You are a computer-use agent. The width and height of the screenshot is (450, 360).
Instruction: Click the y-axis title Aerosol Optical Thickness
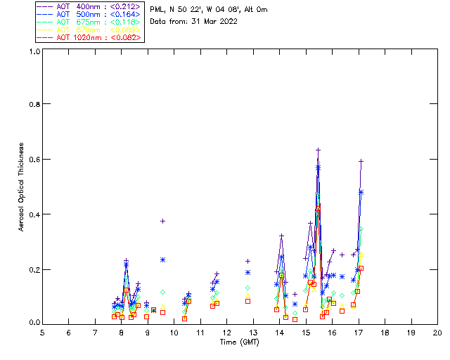click(x=22, y=186)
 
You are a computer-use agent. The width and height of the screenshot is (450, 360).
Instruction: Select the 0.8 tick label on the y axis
click(x=34, y=104)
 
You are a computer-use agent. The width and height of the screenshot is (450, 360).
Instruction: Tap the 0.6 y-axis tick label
click(x=34, y=159)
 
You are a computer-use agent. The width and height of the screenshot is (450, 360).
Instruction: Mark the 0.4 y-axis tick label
click(x=34, y=214)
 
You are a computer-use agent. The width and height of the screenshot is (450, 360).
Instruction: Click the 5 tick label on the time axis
click(x=42, y=332)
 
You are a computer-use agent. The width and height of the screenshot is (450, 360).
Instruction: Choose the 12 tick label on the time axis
click(x=226, y=332)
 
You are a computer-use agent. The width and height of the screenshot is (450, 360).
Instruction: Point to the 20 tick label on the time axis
click(x=437, y=332)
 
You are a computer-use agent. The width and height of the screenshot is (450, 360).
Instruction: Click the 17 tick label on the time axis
click(x=358, y=332)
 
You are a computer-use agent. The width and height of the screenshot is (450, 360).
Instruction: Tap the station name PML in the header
click(x=157, y=10)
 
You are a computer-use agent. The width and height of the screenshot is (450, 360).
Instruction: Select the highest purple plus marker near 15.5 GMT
click(x=319, y=150)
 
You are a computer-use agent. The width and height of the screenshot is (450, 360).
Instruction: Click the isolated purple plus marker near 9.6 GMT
click(x=163, y=221)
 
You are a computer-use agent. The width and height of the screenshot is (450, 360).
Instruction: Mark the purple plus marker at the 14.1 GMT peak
click(x=281, y=236)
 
